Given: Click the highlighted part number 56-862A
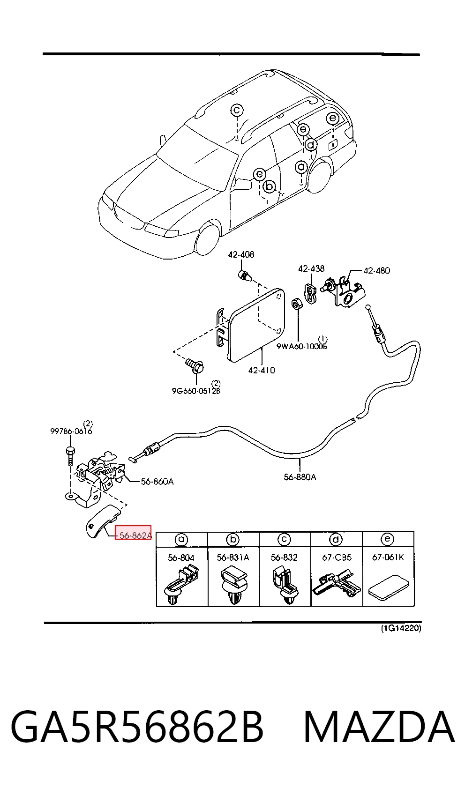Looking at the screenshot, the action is pyautogui.click(x=135, y=535).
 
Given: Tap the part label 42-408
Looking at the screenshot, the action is pyautogui.click(x=241, y=254).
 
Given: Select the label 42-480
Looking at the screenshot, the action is pyautogui.click(x=376, y=270).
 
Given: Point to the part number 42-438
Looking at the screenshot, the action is pyautogui.click(x=311, y=269).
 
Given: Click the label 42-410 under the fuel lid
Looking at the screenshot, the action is pyautogui.click(x=262, y=370).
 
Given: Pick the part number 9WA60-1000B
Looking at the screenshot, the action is pyautogui.click(x=302, y=346).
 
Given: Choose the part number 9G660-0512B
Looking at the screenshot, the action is pyautogui.click(x=196, y=391).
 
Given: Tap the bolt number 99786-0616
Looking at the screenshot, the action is pyautogui.click(x=71, y=431).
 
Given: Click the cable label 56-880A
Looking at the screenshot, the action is pyautogui.click(x=300, y=477).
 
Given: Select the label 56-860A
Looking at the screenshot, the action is pyautogui.click(x=157, y=482).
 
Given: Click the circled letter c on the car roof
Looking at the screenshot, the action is pyautogui.click(x=237, y=110).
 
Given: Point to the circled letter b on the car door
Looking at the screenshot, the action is pyautogui.click(x=269, y=186).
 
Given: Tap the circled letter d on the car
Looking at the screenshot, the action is pyautogui.click(x=311, y=145).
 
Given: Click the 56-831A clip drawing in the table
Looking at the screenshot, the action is pyautogui.click(x=232, y=585).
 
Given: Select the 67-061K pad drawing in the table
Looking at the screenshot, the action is pyautogui.click(x=389, y=586).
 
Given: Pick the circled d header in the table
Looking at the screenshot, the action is pyautogui.click(x=336, y=540).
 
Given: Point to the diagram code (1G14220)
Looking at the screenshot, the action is pyautogui.click(x=401, y=628).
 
